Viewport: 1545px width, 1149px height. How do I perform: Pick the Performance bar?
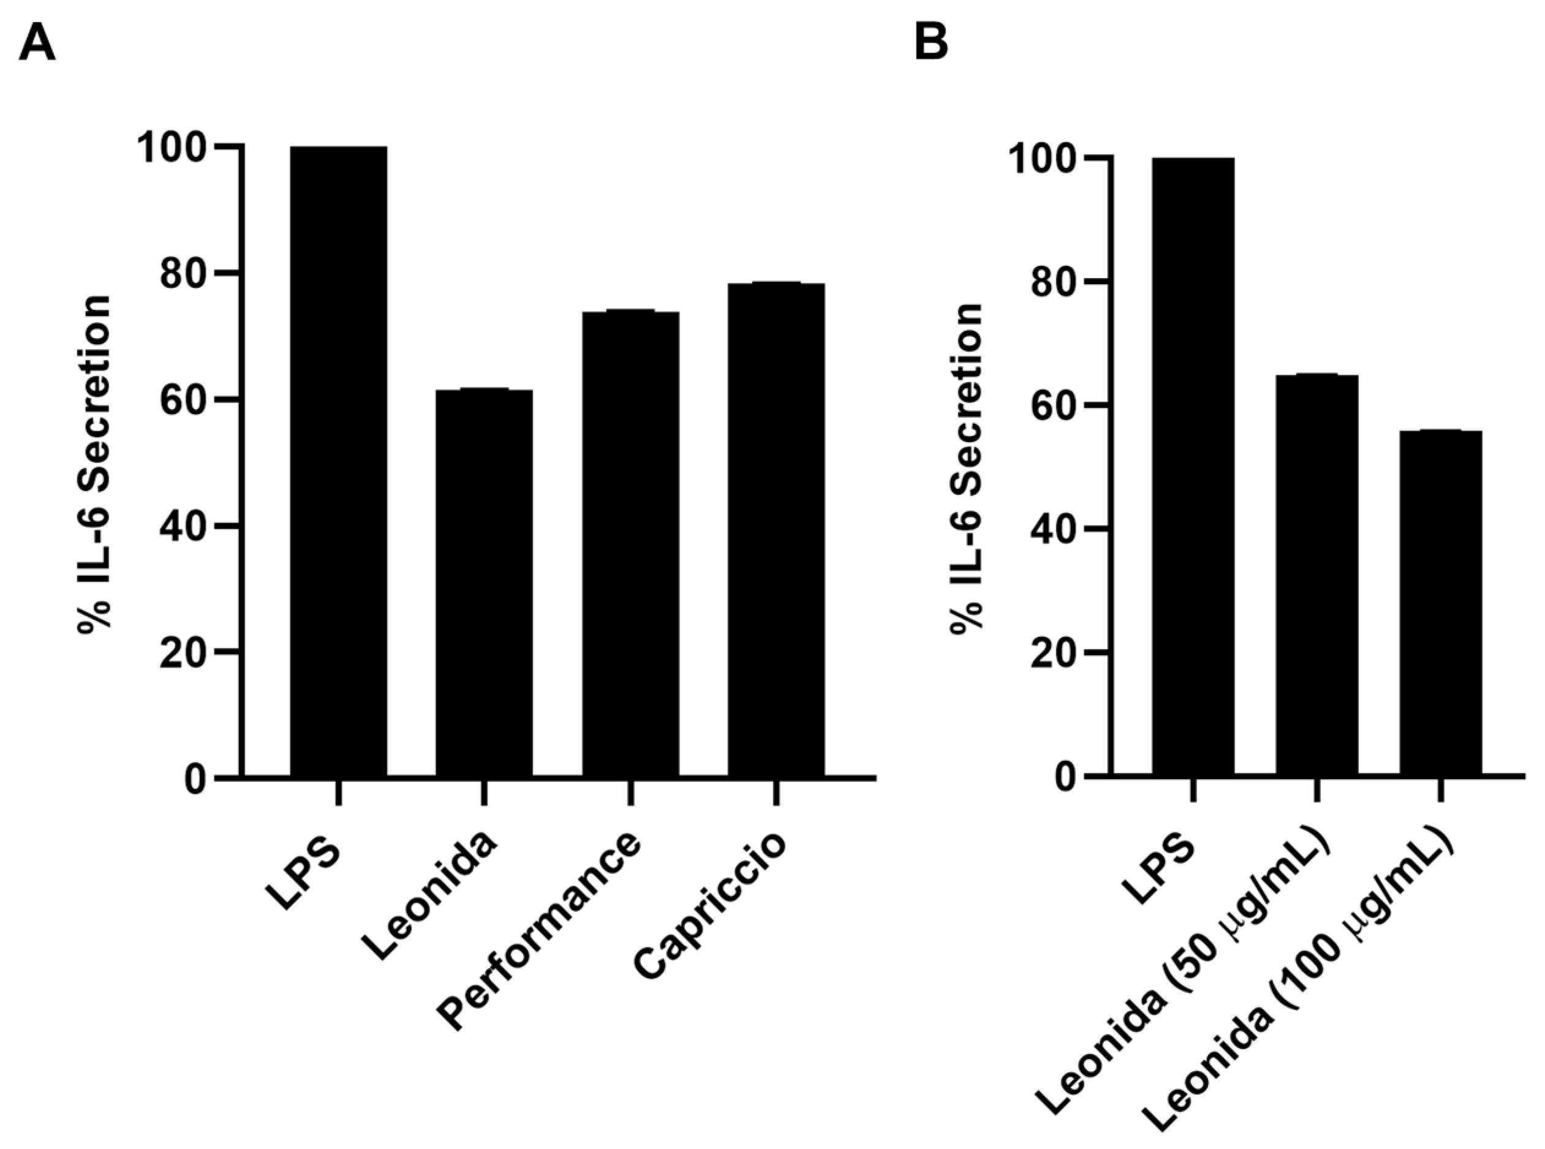point(630,543)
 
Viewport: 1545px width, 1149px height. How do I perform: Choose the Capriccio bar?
point(776,529)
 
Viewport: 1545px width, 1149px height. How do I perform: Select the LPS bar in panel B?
point(1193,466)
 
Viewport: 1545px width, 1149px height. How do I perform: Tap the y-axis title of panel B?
point(967,466)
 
